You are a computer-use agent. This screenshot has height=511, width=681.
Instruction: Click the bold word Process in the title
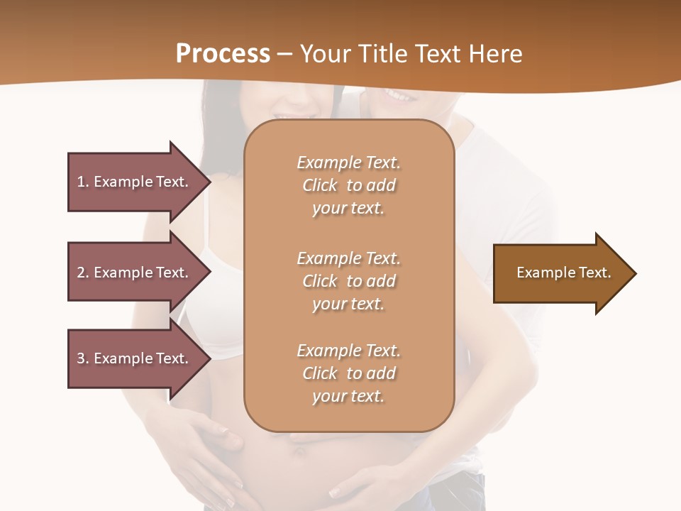(223, 54)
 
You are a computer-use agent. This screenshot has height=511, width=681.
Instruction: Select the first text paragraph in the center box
(348, 185)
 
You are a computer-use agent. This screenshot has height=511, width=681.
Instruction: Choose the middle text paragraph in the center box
(348, 281)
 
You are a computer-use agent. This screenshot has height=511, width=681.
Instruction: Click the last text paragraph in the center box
(348, 373)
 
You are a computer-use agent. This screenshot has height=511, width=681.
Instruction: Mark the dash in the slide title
(285, 55)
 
